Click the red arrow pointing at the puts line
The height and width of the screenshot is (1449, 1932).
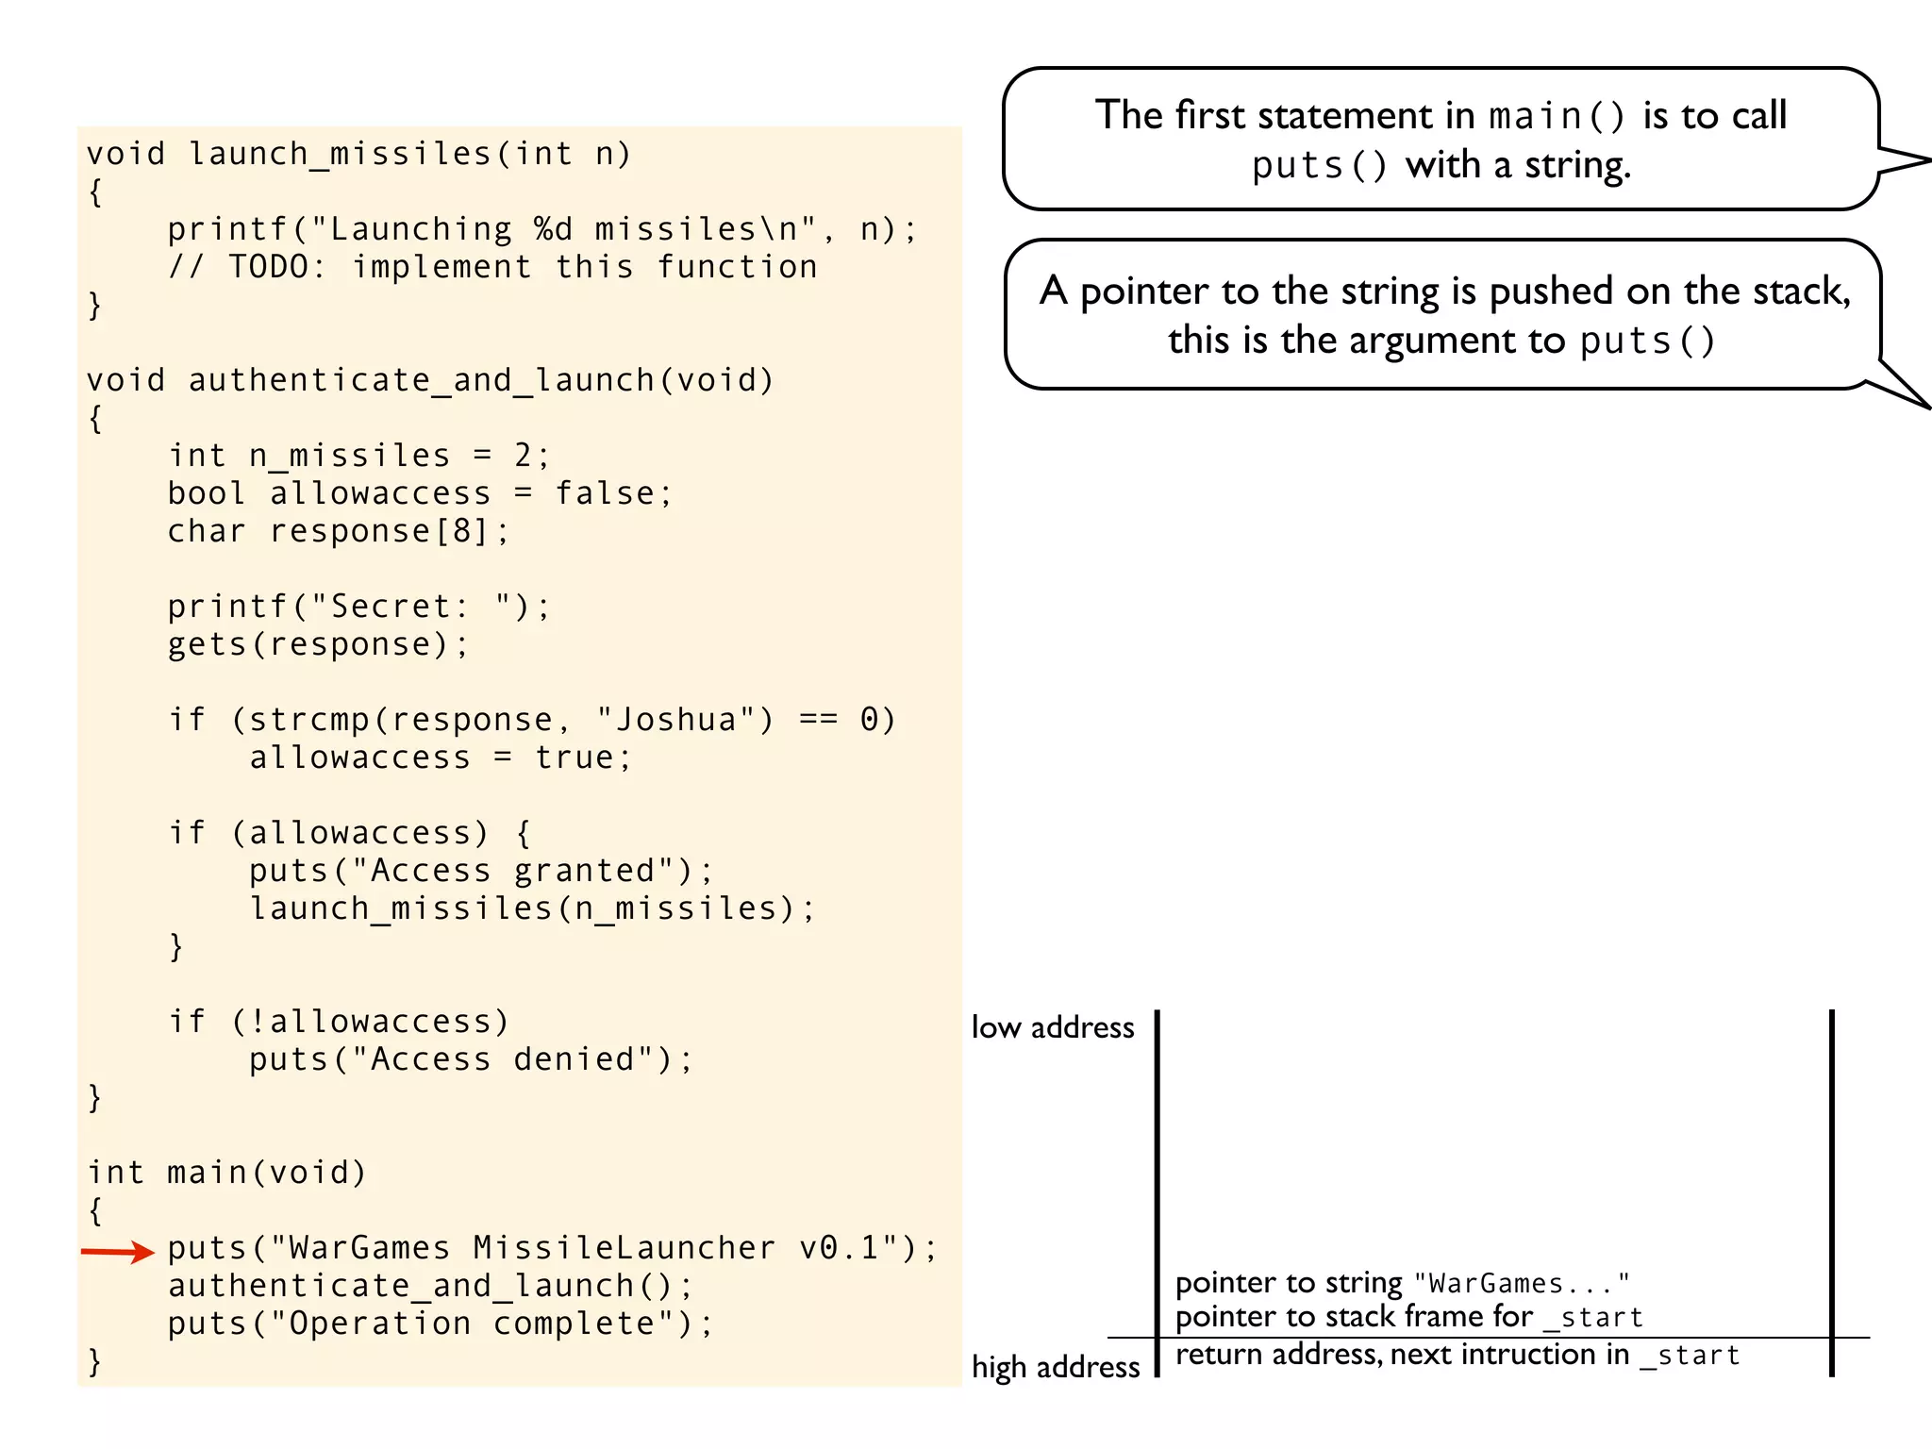117,1252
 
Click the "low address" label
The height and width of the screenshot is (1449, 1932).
1053,1027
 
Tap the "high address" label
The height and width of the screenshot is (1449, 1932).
1056,1367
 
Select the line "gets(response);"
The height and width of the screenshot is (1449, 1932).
318,644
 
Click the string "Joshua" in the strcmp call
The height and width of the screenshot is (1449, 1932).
676,720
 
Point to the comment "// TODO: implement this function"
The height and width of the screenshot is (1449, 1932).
492,267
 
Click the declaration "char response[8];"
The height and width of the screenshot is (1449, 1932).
339,531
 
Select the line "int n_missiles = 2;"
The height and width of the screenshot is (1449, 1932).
358,456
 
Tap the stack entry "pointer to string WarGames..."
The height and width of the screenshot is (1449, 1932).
1402,1283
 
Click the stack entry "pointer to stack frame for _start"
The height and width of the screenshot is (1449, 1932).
1408,1317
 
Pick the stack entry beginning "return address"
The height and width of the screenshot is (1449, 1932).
1457,1355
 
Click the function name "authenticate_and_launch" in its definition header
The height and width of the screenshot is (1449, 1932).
421,380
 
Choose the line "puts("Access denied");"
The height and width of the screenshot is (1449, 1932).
471,1059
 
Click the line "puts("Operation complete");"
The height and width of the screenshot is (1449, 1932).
441,1324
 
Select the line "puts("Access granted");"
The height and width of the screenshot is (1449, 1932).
481,871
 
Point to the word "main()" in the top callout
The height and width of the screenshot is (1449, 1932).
1557,116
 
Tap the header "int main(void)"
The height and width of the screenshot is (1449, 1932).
226,1173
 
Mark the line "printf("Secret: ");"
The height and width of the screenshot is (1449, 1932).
358,607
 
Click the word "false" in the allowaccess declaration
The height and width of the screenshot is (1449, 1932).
604,493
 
